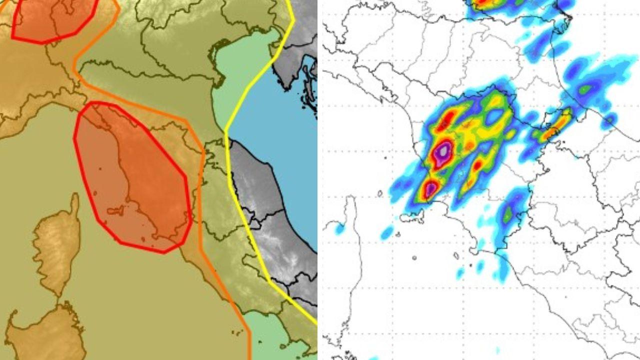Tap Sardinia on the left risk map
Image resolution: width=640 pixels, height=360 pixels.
click(47, 335)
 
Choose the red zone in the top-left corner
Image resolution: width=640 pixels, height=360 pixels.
click(52, 20)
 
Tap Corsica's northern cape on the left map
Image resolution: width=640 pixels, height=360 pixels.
click(74, 200)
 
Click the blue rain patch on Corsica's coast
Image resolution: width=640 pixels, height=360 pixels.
click(339, 229)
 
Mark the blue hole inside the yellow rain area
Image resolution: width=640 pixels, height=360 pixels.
click(495, 116)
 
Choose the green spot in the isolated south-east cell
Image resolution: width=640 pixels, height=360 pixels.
click(508, 215)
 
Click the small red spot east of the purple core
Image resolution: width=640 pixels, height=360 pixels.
click(477, 164)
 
